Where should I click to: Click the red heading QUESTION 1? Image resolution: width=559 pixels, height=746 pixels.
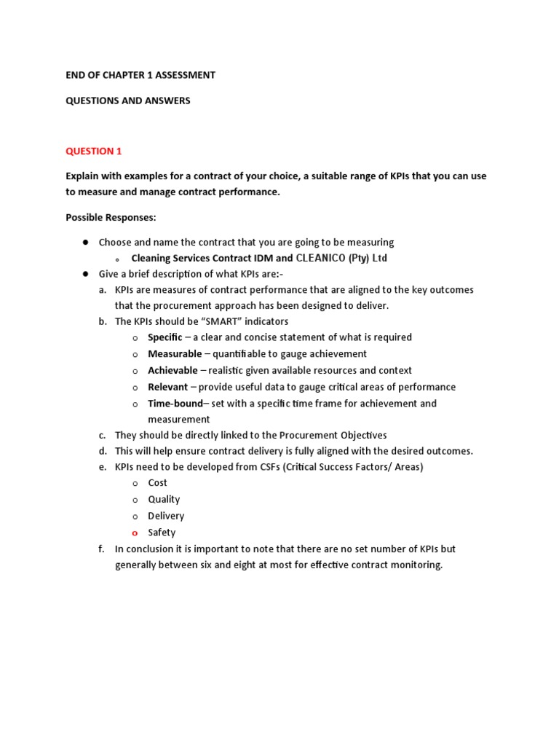tap(94, 152)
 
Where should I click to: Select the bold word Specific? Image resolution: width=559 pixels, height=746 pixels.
tap(164, 337)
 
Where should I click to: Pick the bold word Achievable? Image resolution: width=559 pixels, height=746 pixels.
tap(173, 370)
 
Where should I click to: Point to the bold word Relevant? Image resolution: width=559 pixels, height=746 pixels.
tap(167, 387)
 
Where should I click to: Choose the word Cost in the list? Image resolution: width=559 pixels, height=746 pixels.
tap(157, 482)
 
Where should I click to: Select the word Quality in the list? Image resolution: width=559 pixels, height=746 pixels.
tap(164, 499)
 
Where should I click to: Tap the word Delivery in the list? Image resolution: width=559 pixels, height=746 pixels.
tap(166, 516)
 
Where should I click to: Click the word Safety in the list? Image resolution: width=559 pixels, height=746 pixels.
tap(162, 533)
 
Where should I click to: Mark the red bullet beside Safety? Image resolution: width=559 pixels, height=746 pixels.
tap(135, 533)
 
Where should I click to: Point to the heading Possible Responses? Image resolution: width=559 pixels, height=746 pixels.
tap(111, 217)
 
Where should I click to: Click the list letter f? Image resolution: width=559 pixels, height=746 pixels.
tap(101, 549)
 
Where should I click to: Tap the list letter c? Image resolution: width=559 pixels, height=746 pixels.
tap(102, 435)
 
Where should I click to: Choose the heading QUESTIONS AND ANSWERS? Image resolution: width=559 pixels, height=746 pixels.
tap(127, 101)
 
